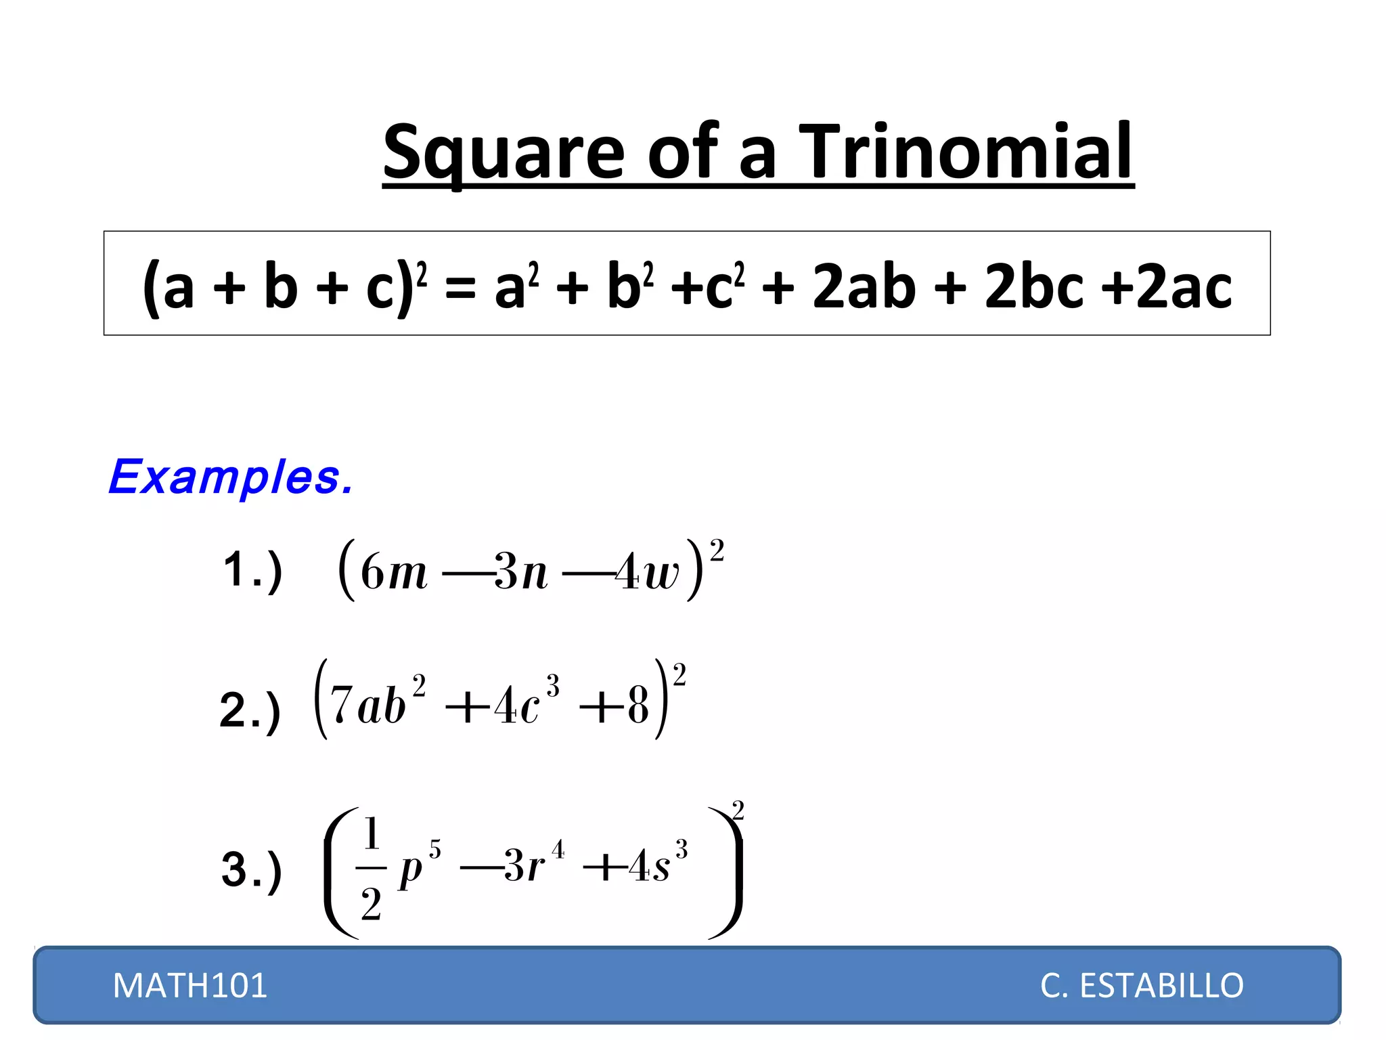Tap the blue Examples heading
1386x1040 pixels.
[231, 477]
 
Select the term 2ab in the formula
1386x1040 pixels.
[864, 286]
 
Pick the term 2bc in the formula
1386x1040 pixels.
[1035, 286]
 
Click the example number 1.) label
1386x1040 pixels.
[252, 570]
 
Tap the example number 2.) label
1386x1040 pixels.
[250, 710]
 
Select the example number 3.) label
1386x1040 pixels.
[251, 869]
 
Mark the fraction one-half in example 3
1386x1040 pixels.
[371, 868]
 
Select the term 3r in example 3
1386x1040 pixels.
[524, 865]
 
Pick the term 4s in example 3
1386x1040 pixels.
[649, 865]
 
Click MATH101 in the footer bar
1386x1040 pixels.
[190, 985]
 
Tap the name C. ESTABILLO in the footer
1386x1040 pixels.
[1142, 985]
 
